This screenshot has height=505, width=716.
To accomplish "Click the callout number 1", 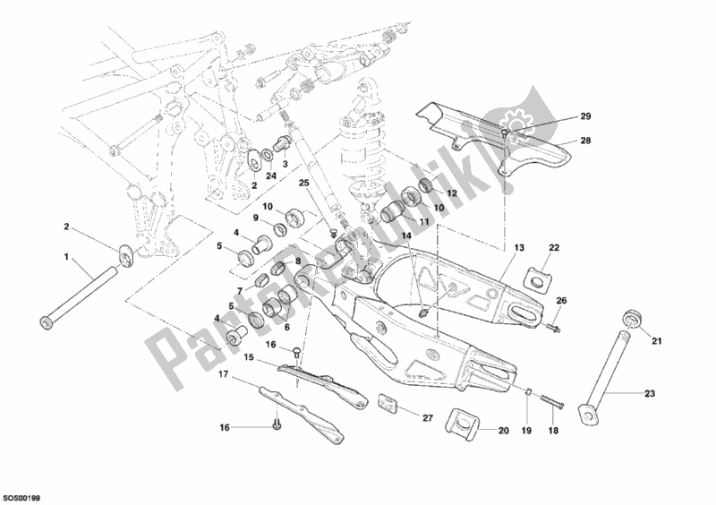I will (65, 258).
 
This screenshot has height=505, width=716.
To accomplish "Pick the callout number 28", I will (609, 141).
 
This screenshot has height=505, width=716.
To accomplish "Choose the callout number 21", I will (655, 340).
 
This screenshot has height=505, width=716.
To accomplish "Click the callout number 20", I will (503, 431).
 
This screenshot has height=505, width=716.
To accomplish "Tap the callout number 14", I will (405, 235).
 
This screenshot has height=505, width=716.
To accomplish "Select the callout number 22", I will (553, 247).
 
